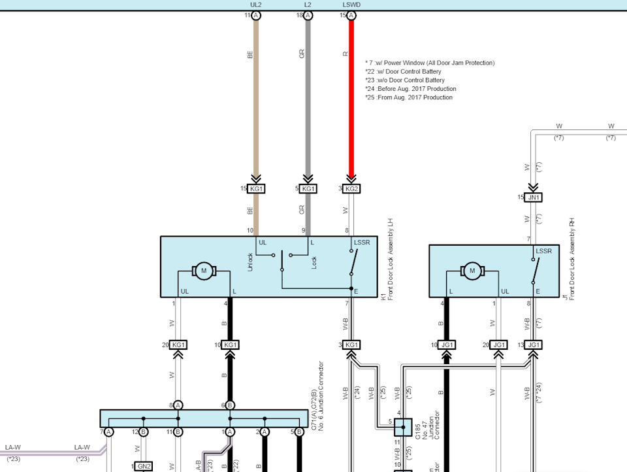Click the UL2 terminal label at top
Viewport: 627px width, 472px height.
[255, 5]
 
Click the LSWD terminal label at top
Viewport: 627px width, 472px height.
[351, 5]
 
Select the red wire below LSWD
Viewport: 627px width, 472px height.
[351, 98]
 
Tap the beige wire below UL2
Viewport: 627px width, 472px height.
[256, 98]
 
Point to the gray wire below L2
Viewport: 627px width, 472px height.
[308, 98]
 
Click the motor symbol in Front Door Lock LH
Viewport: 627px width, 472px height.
[203, 270]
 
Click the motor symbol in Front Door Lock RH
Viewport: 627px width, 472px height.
[471, 271]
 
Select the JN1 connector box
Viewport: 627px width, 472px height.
[534, 197]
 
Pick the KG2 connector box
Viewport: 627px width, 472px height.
[351, 189]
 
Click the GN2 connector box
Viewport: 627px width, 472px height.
[144, 466]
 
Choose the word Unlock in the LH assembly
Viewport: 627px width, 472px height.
[250, 262]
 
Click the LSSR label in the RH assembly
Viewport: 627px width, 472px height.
[544, 251]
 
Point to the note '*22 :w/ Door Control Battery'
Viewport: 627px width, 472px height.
[403, 71]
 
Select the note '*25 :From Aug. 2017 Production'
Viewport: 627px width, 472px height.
[409, 97]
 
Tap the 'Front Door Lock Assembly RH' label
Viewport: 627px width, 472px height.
[571, 260]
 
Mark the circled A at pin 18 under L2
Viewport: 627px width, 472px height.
[308, 15]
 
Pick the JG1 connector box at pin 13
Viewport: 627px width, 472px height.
[534, 345]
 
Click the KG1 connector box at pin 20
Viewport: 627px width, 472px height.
[178, 345]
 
